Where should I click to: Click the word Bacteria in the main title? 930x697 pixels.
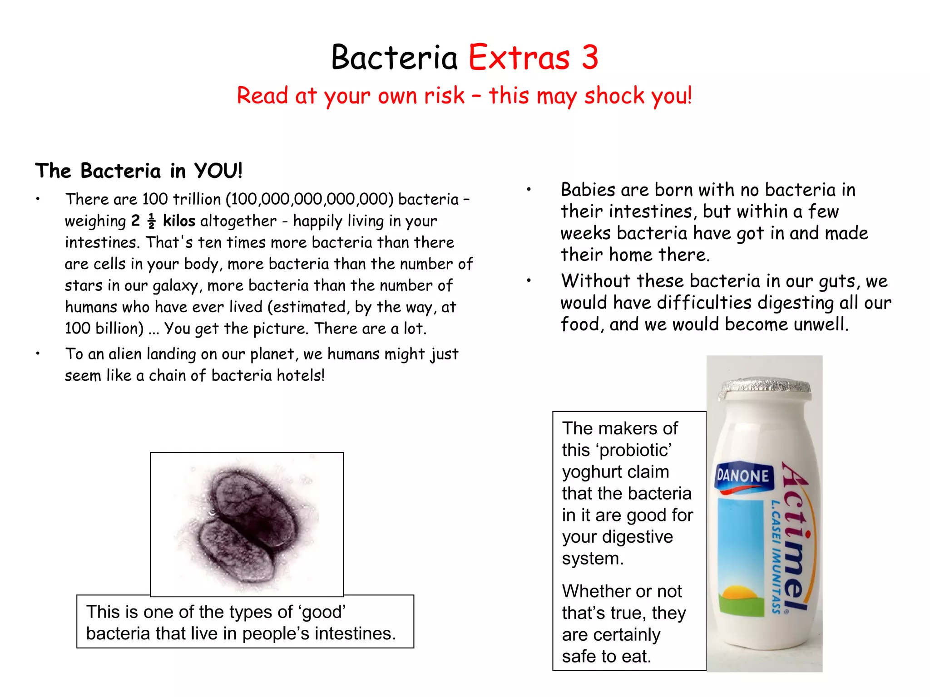[394, 58]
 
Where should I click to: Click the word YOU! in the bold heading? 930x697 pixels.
[218, 171]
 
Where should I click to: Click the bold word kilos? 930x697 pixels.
[179, 221]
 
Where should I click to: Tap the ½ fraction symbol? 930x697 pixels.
[152, 221]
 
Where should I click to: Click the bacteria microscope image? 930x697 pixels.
[247, 524]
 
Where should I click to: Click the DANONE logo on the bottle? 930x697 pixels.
[743, 476]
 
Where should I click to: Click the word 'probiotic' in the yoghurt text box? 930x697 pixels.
[634, 450]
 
